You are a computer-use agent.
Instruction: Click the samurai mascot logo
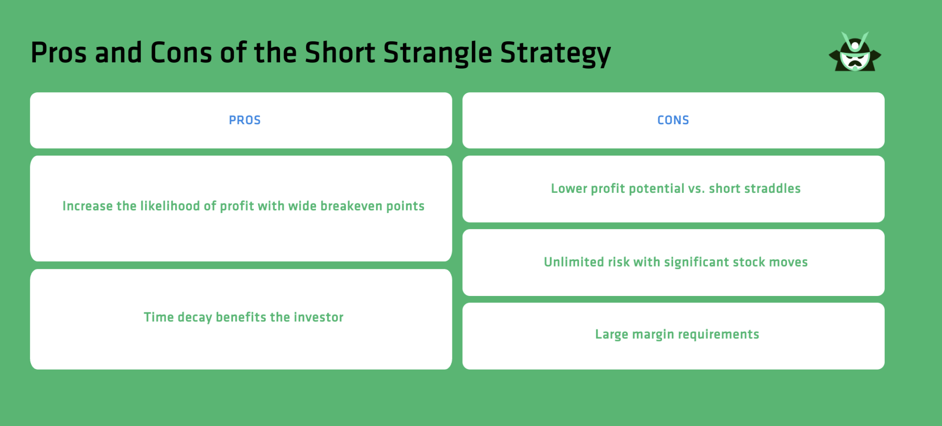[x=855, y=53]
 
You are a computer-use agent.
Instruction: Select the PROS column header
[x=244, y=120]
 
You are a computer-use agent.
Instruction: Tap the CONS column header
[x=673, y=120]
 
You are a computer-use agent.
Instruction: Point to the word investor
[x=318, y=318]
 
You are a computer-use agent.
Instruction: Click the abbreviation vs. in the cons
[x=696, y=188]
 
